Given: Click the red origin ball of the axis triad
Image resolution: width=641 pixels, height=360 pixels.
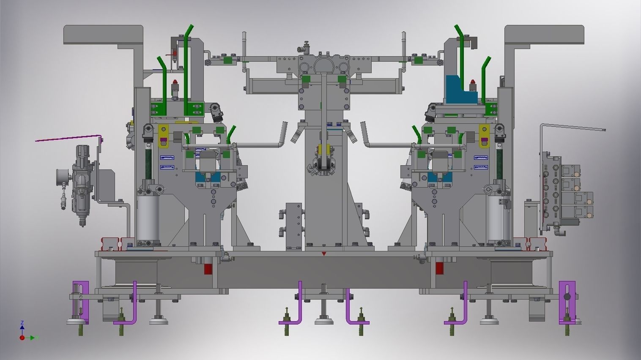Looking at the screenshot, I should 22,338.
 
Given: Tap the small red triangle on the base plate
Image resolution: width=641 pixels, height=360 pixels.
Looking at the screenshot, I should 324,254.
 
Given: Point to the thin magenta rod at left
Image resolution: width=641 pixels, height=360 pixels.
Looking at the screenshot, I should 68,138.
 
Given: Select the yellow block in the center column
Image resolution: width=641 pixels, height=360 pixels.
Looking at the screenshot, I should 324,150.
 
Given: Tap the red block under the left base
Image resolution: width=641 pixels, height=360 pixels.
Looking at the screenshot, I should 208,269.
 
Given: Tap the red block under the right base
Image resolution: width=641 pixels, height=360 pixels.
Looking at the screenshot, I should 439,268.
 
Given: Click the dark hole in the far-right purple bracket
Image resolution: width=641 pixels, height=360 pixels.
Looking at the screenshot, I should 567,297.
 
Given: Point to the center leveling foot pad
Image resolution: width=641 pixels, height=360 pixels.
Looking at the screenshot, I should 324,322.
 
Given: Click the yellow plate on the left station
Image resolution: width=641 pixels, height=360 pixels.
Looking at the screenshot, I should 163,136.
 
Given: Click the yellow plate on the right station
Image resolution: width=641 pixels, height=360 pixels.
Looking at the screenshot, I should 484,136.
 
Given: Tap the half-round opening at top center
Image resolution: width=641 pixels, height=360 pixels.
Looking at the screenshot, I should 324,65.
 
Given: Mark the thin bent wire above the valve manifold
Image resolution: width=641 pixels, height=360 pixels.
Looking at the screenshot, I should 571,127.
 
